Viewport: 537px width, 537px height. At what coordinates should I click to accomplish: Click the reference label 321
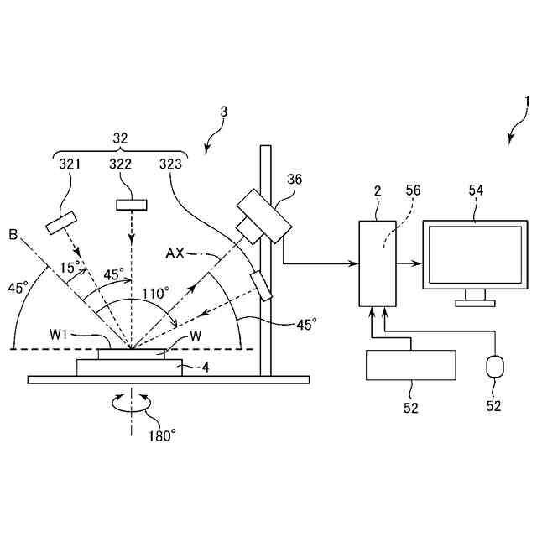(70, 164)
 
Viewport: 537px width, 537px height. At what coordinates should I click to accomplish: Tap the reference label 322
(120, 164)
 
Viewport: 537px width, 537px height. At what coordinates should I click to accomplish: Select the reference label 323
(170, 164)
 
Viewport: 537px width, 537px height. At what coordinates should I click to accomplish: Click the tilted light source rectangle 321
(61, 223)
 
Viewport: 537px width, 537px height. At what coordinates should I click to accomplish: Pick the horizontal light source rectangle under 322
(132, 205)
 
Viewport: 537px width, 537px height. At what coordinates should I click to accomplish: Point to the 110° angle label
(156, 294)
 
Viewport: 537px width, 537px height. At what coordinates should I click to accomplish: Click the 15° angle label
(70, 267)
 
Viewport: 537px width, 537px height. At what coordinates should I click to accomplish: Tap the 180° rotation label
(162, 436)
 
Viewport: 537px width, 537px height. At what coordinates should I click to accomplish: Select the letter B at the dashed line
(13, 235)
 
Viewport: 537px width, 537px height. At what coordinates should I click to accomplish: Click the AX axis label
(175, 253)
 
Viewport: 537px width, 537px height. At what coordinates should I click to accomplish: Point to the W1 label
(58, 335)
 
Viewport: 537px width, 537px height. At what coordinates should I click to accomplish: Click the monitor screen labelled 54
(476, 255)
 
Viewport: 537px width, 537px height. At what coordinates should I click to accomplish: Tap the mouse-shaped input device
(495, 367)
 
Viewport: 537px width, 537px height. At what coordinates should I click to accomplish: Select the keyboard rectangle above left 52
(411, 365)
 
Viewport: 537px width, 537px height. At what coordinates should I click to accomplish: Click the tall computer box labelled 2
(378, 263)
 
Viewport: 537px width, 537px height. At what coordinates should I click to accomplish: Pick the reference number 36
(295, 180)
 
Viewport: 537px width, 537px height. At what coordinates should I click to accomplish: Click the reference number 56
(413, 190)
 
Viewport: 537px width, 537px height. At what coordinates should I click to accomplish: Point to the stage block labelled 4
(129, 368)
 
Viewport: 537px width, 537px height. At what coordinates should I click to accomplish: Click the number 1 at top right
(527, 102)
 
